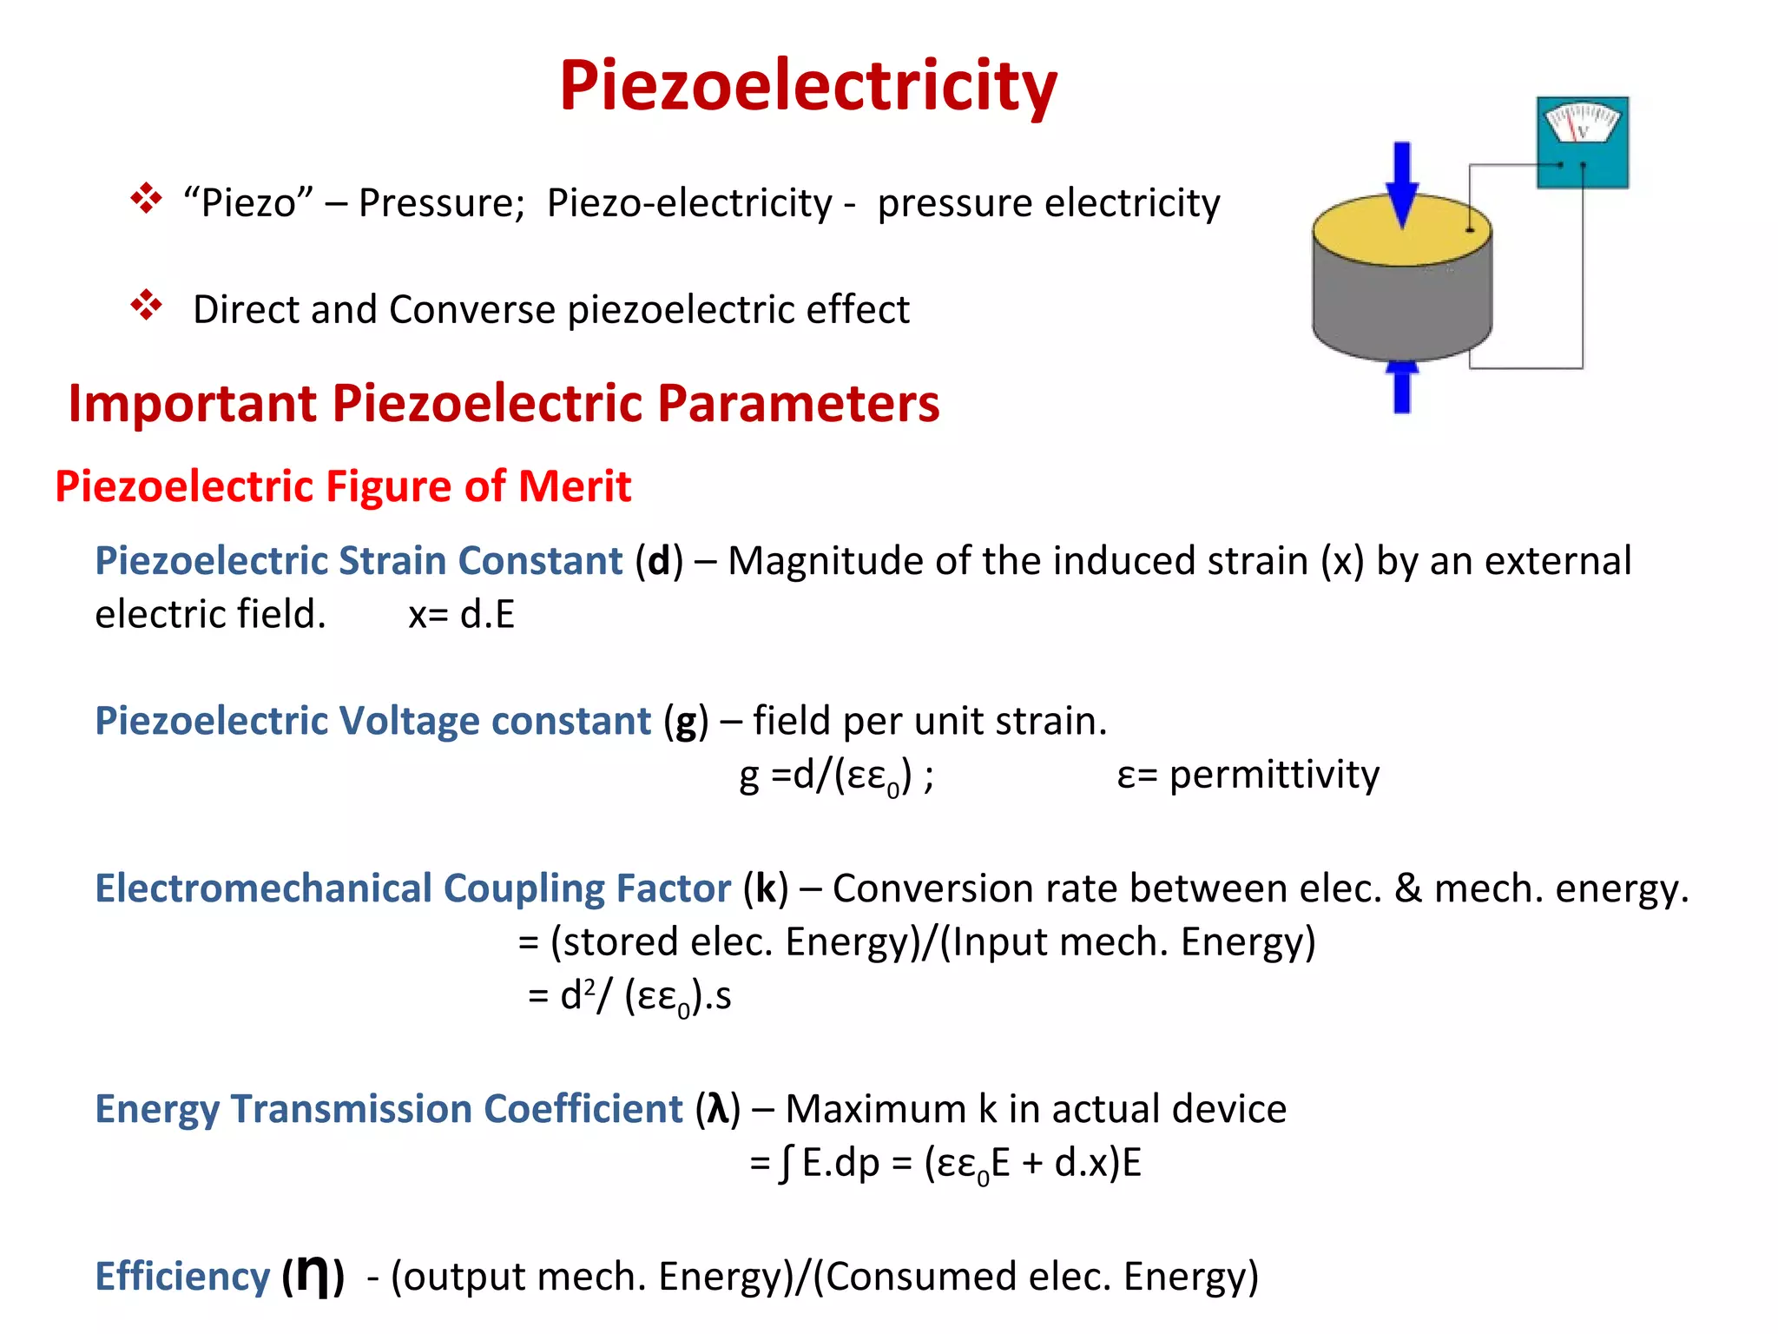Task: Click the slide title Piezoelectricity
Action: tap(808, 86)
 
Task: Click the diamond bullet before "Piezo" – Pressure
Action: tap(146, 199)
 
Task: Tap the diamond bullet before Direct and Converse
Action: tap(146, 305)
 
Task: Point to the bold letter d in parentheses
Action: tap(659, 561)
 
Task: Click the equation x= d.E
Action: tap(461, 615)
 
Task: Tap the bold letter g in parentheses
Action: tap(686, 722)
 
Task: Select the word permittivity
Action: tap(1274, 775)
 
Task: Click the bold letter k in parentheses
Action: tap(766, 888)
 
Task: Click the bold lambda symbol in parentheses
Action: tap(718, 1109)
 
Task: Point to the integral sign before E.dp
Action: tap(786, 1163)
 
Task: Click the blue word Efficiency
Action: tap(182, 1277)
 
